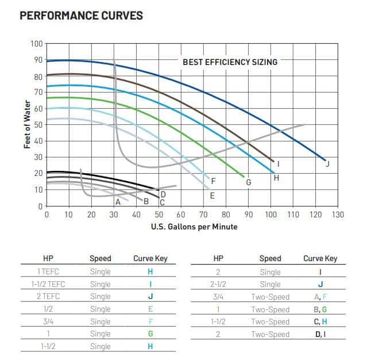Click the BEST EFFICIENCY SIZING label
pyautogui.click(x=230, y=62)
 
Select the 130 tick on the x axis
pyautogui.click(x=338, y=215)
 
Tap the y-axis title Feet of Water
pyautogui.click(x=27, y=124)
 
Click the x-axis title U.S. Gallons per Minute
pyautogui.click(x=194, y=227)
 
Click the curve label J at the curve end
pyautogui.click(x=327, y=164)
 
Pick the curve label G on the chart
pyautogui.click(x=249, y=182)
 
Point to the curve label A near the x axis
pyautogui.click(x=118, y=202)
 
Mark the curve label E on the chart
pyautogui.click(x=212, y=196)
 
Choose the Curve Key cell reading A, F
pyautogui.click(x=320, y=297)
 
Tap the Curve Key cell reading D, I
pyautogui.click(x=320, y=334)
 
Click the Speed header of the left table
pyautogui.click(x=101, y=259)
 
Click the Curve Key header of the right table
pyautogui.click(x=320, y=259)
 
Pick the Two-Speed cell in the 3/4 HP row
pyautogui.click(x=270, y=297)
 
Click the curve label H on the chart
pyautogui.click(x=276, y=178)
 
